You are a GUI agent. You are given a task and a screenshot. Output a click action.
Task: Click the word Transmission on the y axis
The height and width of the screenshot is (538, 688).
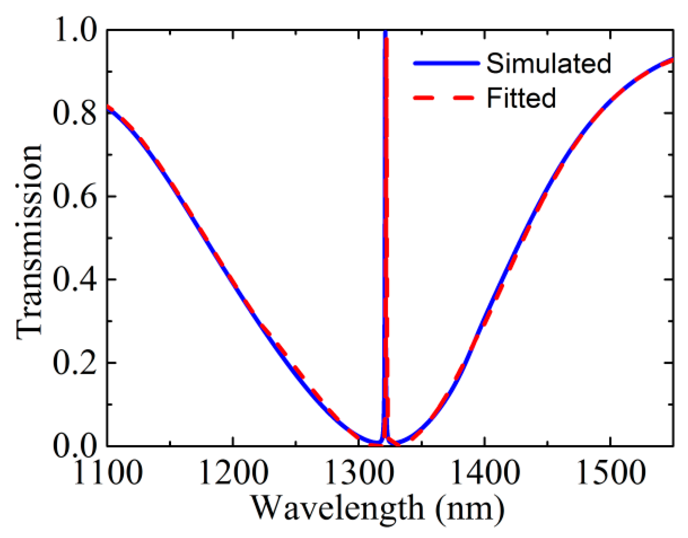[x=29, y=242]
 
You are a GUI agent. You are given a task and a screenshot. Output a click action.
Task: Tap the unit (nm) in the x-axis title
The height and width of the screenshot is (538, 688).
[x=470, y=509]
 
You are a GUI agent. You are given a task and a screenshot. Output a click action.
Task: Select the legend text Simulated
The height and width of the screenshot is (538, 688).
[x=548, y=63]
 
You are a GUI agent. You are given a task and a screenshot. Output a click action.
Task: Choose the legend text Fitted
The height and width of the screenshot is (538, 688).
[x=521, y=98]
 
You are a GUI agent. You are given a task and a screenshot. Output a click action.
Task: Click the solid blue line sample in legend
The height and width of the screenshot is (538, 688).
[x=446, y=63]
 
